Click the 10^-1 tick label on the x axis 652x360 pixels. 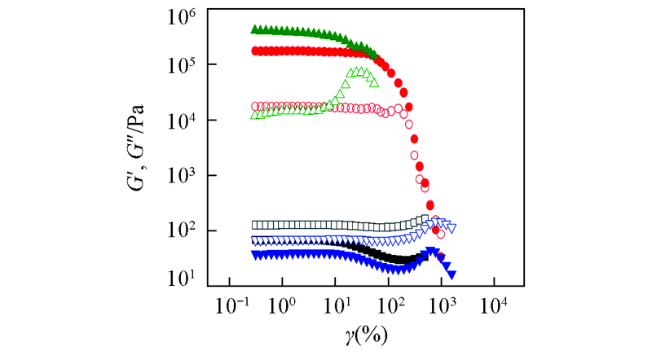[230, 308]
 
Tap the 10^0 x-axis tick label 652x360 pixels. [283, 308]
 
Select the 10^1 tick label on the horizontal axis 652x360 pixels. [336, 308]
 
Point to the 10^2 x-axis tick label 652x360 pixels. [389, 308]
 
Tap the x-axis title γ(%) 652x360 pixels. [361, 336]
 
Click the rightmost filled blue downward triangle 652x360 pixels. [451, 274]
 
